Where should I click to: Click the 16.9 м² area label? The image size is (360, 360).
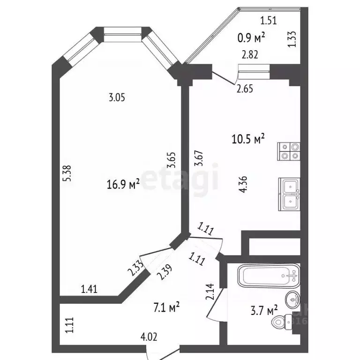(123, 184)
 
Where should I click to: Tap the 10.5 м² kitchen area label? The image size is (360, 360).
(248, 139)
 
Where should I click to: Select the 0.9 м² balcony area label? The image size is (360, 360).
(251, 37)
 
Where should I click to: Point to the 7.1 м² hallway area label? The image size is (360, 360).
(166, 307)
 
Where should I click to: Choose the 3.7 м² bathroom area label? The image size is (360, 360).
(264, 310)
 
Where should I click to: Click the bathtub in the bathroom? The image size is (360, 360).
(269, 276)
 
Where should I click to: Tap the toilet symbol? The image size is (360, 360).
(282, 322)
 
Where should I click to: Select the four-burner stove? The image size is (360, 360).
(289, 151)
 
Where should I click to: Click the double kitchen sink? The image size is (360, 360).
(289, 194)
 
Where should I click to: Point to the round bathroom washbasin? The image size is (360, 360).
(292, 300)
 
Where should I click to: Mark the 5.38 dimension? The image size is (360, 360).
(67, 173)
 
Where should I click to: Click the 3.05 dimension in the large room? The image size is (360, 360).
(117, 98)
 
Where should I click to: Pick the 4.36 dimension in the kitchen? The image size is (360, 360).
(243, 184)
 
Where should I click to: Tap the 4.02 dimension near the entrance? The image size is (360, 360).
(149, 337)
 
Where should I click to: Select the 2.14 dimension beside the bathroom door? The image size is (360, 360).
(210, 292)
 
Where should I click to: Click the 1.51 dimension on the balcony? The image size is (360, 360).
(269, 21)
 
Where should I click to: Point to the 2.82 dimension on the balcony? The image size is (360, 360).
(250, 55)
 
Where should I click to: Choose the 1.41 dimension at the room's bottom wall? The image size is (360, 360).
(90, 289)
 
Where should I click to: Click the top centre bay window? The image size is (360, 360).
(122, 34)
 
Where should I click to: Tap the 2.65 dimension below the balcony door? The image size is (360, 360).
(245, 89)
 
